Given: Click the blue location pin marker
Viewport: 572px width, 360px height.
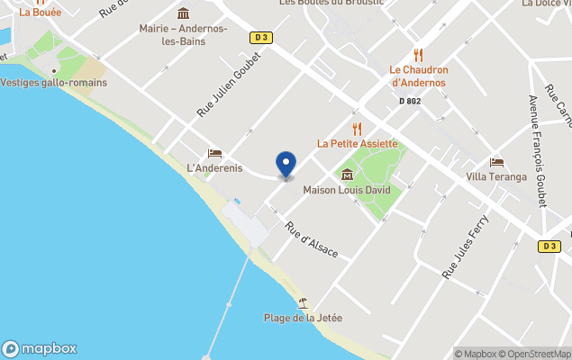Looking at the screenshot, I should pos(286,165).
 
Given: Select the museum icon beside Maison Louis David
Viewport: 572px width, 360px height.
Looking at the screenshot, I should pos(347,174).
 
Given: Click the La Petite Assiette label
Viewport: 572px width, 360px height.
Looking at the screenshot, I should pos(357,143).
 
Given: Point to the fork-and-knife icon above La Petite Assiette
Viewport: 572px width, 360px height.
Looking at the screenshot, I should pos(357,128).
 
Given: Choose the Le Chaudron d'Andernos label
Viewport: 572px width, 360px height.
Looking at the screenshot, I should pos(418,76).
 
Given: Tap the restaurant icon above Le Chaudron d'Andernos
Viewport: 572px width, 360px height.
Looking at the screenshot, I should pos(418,55).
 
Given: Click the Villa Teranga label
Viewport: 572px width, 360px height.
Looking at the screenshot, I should pos(496,176).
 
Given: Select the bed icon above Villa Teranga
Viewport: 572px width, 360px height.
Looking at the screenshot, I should pos(496,162).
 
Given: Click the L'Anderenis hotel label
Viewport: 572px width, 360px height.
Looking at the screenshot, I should pos(214,168).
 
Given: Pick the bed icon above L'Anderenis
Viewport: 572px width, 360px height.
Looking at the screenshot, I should pos(214,153).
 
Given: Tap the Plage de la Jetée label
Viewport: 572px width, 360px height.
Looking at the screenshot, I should pos(303,318).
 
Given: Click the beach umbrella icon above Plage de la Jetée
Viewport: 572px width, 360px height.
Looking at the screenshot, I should pos(303,302).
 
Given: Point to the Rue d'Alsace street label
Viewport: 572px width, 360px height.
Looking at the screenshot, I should pos(312,239).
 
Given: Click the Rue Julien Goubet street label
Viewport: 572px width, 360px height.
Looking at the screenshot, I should pos(229,85).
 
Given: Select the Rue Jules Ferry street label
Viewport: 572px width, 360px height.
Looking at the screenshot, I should pos(465,245).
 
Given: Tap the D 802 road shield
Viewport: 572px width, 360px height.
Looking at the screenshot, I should pos(410,101).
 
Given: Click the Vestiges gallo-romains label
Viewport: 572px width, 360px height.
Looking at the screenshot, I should pos(54,83).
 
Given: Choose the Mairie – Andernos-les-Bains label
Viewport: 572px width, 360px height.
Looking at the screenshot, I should pos(184,35).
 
